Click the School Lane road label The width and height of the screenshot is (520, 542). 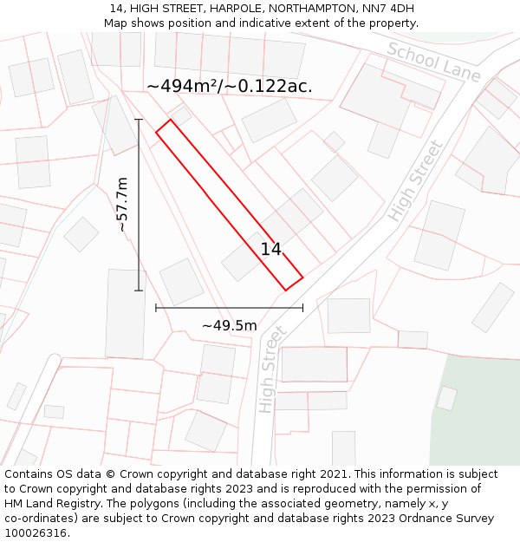point(433,61)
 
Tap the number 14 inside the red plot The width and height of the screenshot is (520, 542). point(271,250)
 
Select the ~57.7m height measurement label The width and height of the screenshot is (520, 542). point(122,205)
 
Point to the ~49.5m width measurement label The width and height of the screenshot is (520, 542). point(230,325)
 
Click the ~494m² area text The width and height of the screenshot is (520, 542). point(181,86)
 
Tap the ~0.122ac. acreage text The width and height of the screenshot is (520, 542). point(270,86)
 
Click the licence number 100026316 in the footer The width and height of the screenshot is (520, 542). point(36,533)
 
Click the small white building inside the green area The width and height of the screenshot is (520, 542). point(446,398)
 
